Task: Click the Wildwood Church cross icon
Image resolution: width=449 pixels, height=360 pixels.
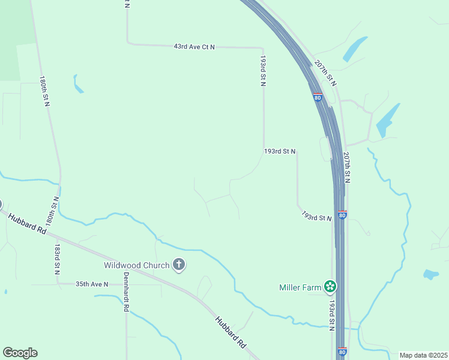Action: point(178,265)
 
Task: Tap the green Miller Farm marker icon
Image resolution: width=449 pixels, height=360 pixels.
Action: point(330,287)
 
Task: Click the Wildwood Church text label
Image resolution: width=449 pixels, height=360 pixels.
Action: point(136,265)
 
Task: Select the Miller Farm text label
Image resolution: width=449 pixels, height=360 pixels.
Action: point(301,287)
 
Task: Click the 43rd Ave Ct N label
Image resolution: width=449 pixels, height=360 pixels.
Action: point(194,46)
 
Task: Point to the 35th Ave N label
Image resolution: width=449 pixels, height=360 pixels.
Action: point(92,284)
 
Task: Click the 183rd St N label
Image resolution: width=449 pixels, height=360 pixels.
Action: point(56,259)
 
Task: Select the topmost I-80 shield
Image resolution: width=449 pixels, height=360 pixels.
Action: point(317,97)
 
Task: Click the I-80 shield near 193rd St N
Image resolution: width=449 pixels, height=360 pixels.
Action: point(342,214)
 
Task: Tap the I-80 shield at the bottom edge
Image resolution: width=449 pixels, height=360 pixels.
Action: point(342,352)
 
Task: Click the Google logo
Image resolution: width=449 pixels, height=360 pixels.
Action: point(20,353)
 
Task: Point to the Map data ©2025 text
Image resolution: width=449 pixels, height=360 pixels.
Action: point(423,355)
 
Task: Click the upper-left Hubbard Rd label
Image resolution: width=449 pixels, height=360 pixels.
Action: point(27,222)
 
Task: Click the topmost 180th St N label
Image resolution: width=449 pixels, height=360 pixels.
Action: point(44,91)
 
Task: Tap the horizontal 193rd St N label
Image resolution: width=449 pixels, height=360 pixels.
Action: point(280,151)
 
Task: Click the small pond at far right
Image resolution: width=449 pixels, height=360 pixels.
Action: point(430,275)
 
